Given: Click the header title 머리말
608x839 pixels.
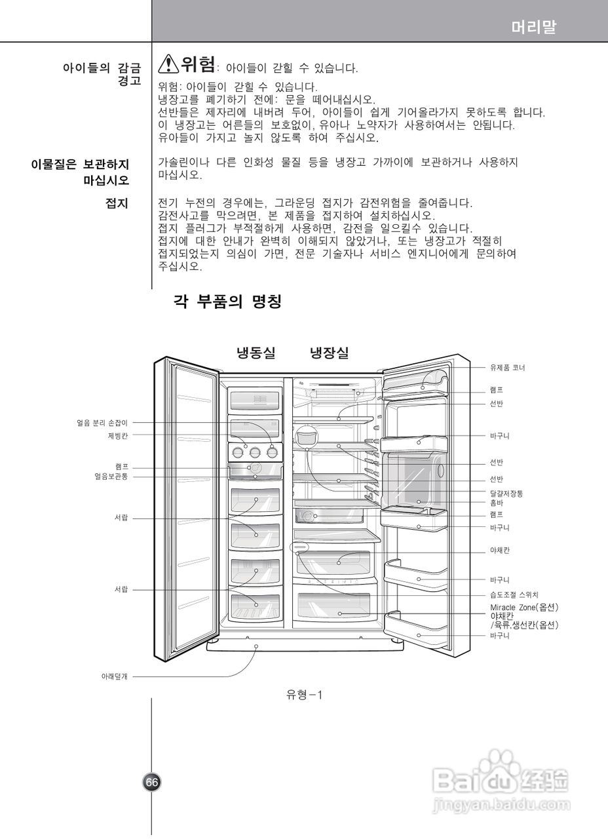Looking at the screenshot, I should click(x=534, y=28).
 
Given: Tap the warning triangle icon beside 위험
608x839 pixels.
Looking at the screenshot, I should click(x=168, y=64).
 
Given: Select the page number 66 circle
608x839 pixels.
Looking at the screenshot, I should click(x=152, y=781).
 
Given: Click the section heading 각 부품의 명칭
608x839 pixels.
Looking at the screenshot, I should click(x=227, y=302).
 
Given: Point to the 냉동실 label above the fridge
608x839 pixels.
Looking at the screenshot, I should click(x=256, y=353).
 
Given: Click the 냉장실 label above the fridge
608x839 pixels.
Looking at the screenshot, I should click(x=329, y=353).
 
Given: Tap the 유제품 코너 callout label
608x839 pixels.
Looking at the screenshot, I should click(x=508, y=368).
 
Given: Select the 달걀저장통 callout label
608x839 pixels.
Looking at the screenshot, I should click(x=506, y=493).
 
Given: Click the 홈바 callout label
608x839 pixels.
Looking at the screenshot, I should click(x=497, y=503).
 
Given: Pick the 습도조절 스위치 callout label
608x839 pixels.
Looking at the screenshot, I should click(x=514, y=595).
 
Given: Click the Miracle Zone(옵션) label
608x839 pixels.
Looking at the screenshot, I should click(x=524, y=608).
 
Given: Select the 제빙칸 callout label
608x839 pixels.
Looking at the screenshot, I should click(x=118, y=435).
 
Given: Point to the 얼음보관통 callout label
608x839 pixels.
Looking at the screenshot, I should click(x=111, y=477).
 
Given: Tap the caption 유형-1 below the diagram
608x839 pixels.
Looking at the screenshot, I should click(x=304, y=695).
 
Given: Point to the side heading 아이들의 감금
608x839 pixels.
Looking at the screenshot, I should click(x=102, y=68).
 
